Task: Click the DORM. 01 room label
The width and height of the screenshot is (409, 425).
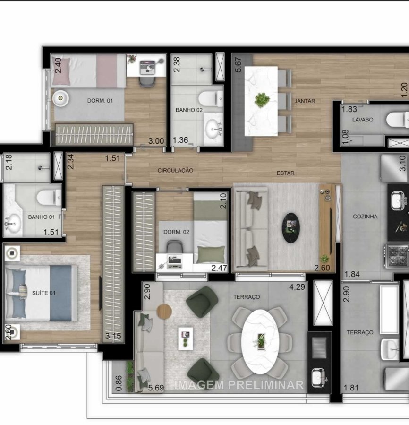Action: (x=100, y=101)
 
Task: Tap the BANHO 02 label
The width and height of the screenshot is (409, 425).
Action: (x=189, y=110)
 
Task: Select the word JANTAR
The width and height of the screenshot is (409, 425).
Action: (x=305, y=101)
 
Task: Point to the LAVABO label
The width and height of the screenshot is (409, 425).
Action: (x=363, y=120)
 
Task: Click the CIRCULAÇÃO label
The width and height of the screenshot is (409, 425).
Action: (x=176, y=170)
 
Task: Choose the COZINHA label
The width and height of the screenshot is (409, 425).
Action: (x=365, y=217)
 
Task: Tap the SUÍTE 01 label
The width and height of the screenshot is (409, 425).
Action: (x=43, y=293)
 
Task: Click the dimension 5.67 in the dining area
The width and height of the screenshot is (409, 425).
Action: (x=238, y=64)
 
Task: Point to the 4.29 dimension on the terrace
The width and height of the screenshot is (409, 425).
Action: (x=297, y=287)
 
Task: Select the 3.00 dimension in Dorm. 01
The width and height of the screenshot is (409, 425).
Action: (x=156, y=141)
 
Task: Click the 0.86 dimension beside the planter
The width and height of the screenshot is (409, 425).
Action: (x=119, y=383)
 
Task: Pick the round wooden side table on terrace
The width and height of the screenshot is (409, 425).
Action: (x=164, y=311)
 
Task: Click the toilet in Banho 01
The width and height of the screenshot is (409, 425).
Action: (x=49, y=197)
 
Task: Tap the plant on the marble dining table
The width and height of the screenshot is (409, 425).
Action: (x=262, y=100)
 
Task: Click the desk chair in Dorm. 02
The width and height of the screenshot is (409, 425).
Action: (x=175, y=247)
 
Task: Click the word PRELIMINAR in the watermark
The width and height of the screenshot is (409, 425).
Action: (x=266, y=385)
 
